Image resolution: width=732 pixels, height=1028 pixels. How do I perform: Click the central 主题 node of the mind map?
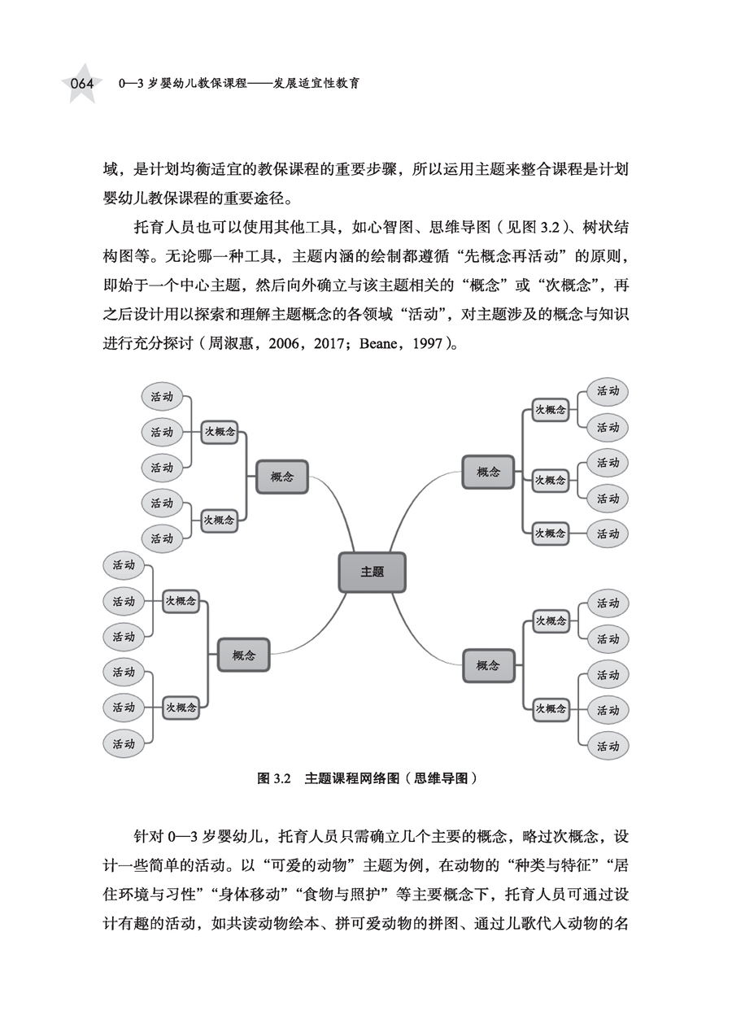pos(372,572)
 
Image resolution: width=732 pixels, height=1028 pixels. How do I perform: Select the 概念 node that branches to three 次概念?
pos(488,472)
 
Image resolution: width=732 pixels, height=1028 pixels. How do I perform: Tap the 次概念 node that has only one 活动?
pos(550,534)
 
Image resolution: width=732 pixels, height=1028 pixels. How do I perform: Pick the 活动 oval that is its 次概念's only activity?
pos(608,534)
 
